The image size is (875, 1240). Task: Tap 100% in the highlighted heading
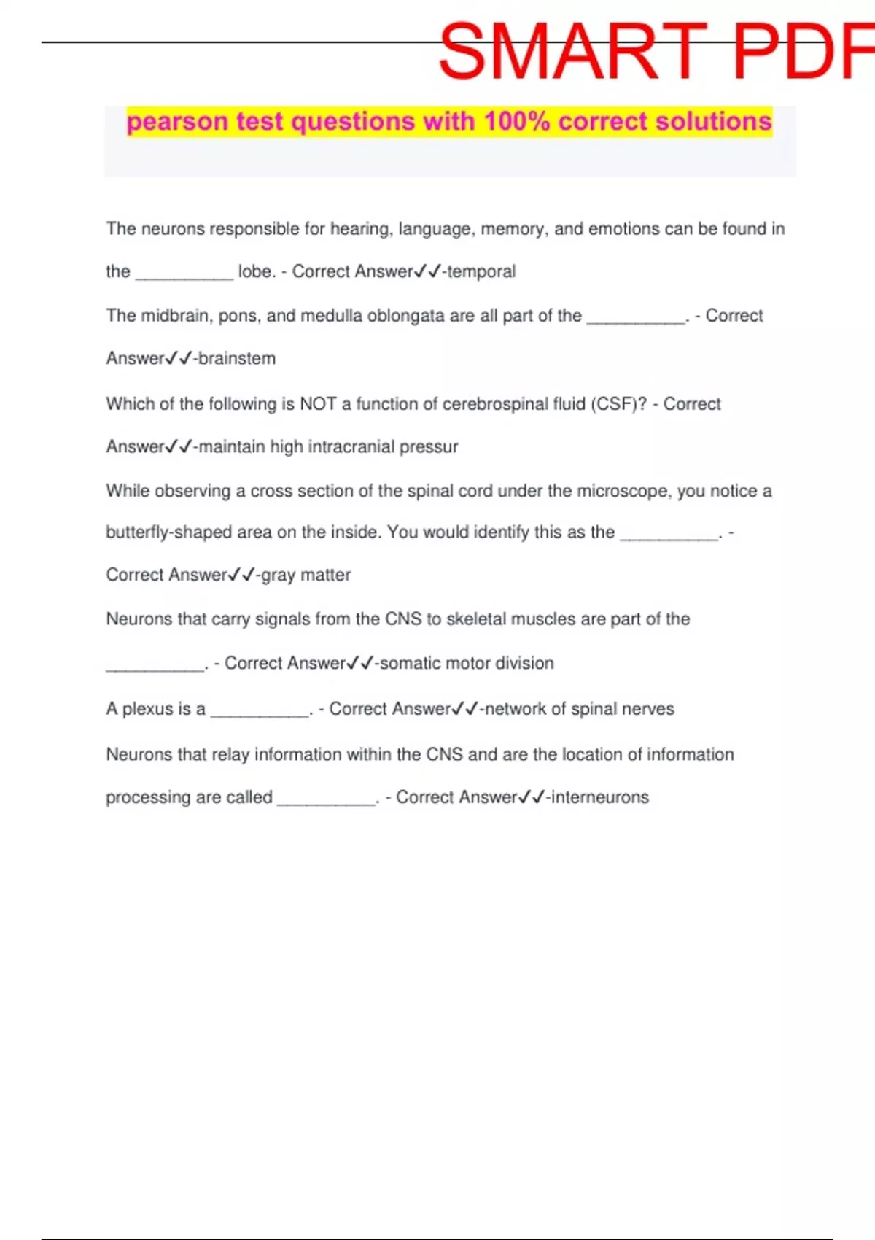pyautogui.click(x=516, y=121)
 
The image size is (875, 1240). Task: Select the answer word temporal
pyautogui.click(x=481, y=271)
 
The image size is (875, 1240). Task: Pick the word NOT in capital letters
pyautogui.click(x=318, y=403)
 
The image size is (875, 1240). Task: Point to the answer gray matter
pyautogui.click(x=306, y=575)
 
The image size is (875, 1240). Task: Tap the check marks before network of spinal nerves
pyautogui.click(x=465, y=708)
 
